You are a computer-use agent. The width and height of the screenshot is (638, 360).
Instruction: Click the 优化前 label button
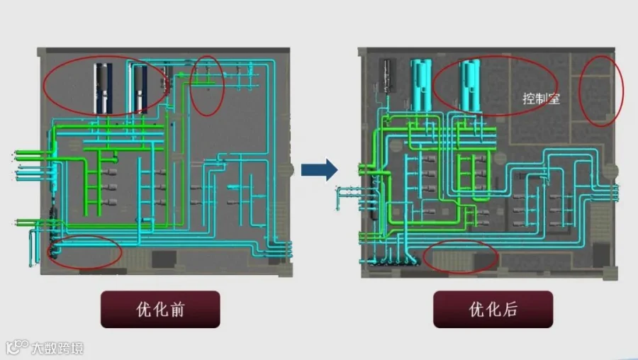(x=159, y=310)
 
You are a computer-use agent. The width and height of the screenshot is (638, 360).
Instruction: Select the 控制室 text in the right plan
(x=541, y=99)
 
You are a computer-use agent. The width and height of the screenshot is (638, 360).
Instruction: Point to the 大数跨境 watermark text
(x=57, y=348)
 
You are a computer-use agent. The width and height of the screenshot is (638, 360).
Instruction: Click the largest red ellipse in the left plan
(x=106, y=86)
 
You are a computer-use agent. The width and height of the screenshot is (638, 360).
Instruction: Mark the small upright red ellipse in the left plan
(x=208, y=85)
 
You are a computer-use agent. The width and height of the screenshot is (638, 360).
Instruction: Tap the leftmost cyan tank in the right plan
(x=420, y=83)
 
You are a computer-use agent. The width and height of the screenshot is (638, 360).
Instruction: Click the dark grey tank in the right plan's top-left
(x=387, y=77)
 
